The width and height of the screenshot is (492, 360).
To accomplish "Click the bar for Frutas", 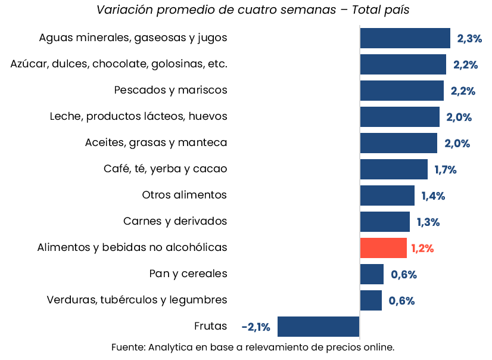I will pyautogui.click(x=318, y=327).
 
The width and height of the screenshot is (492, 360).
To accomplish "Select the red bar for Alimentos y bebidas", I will pyautogui.click(x=383, y=248).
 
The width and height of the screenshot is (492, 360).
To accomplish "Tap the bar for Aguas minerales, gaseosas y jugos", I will pyautogui.click(x=404, y=38).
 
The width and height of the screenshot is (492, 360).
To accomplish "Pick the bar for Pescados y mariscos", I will pyautogui.click(x=401, y=91).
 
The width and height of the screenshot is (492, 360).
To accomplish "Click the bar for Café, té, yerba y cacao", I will pyautogui.click(x=393, y=169).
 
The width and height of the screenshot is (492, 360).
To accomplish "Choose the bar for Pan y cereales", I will pyautogui.click(x=372, y=274).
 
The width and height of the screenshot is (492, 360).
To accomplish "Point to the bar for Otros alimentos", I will pyautogui.click(x=387, y=195).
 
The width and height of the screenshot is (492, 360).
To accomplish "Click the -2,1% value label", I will pyautogui.click(x=256, y=327).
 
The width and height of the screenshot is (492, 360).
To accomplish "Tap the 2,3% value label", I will pyautogui.click(x=469, y=39).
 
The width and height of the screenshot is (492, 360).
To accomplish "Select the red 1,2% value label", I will pyautogui.click(x=422, y=249).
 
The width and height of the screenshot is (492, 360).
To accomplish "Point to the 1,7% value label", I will pyautogui.click(x=445, y=170).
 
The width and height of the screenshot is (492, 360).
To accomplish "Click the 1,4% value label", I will pyautogui.click(x=433, y=196).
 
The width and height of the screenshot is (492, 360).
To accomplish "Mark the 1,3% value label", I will pyautogui.click(x=428, y=222).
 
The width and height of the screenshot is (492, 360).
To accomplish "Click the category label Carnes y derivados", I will pyautogui.click(x=175, y=221).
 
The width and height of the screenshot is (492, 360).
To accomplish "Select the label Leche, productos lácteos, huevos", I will pyautogui.click(x=138, y=116).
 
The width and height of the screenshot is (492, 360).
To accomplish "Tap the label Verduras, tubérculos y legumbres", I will pyautogui.click(x=137, y=300).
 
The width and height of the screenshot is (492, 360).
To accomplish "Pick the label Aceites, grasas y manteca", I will pyautogui.click(x=156, y=142).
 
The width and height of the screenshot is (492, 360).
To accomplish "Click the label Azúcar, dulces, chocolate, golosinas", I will pyautogui.click(x=119, y=64).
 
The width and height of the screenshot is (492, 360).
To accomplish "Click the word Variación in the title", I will pyautogui.click(x=122, y=10).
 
